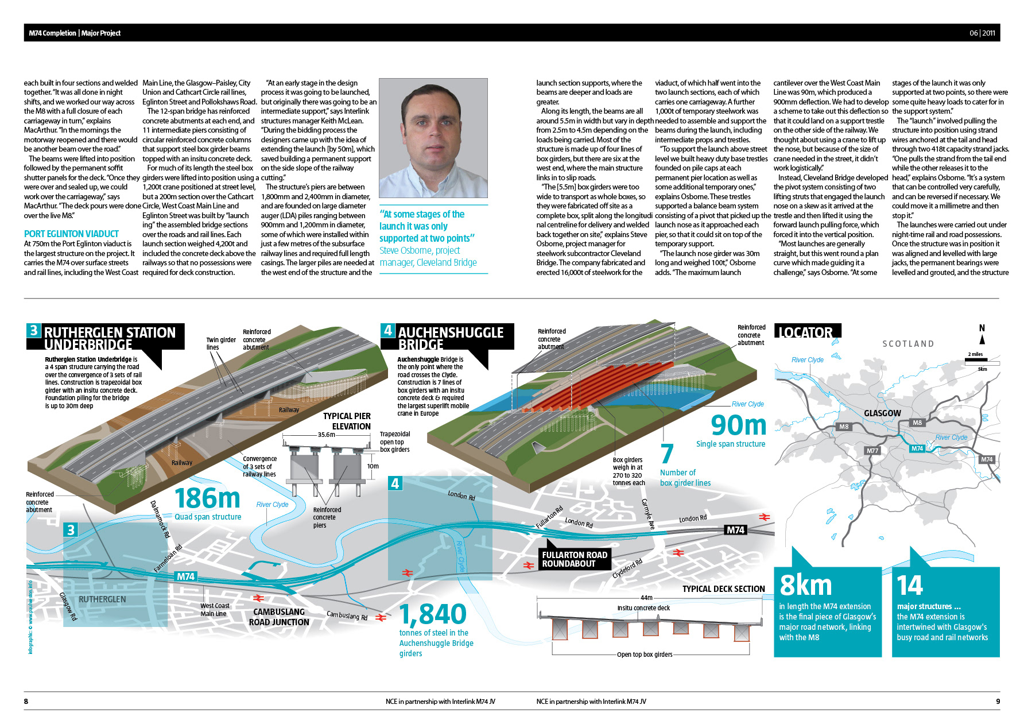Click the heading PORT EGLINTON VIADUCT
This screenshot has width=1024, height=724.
71,234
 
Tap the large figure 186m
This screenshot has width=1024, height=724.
207,498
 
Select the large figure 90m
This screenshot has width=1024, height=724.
739,425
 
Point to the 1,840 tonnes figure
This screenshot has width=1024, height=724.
433,614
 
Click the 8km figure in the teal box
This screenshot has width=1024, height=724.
806,586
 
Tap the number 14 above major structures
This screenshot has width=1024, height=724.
910,586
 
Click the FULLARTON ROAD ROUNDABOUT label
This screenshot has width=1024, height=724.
574,559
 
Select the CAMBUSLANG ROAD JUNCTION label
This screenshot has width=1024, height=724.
279,617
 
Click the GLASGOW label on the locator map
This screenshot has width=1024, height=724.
882,413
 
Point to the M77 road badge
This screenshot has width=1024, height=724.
872,451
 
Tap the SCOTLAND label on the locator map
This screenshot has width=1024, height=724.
908,344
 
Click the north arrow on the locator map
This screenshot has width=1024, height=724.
982,335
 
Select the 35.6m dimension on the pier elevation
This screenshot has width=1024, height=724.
327,435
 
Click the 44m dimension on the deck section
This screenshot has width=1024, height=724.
646,598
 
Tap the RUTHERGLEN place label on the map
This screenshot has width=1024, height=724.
102,599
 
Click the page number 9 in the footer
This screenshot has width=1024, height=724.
998,701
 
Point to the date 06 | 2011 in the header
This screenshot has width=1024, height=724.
982,33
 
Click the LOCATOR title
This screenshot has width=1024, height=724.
806,332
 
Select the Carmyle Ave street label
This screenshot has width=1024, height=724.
647,514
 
